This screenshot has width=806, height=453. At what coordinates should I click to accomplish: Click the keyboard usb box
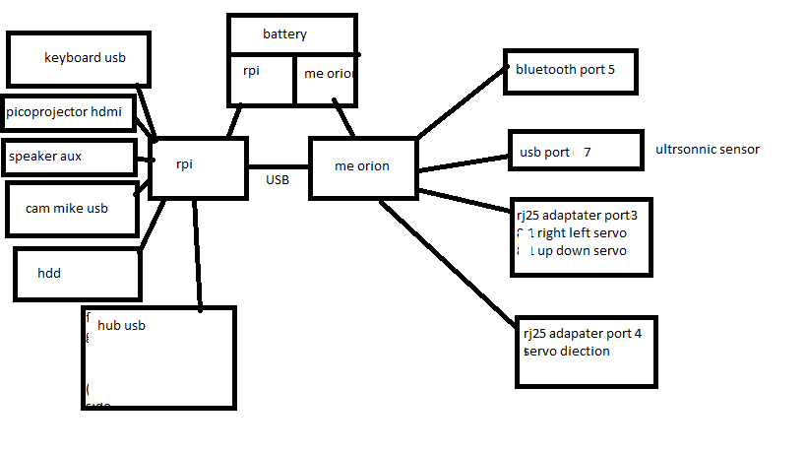coord(79,58)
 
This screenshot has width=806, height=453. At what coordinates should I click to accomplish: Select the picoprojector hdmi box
coord(64,112)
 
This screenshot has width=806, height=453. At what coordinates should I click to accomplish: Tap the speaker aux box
coord(68,156)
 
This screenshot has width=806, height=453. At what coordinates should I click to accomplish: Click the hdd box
coord(77,274)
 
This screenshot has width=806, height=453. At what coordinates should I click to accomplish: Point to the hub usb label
coord(121,325)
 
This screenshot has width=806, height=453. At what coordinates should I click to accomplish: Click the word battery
coord(284,34)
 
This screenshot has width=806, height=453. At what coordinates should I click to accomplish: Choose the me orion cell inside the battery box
coord(325,79)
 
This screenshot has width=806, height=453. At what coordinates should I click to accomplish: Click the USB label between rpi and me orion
coord(277,179)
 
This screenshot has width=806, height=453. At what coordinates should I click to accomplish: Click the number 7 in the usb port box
coord(588,153)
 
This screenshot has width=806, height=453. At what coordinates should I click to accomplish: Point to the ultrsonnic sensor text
coord(707,150)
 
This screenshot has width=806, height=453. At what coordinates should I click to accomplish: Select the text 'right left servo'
coord(581,233)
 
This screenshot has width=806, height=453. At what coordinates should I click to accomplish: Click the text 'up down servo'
coord(587,251)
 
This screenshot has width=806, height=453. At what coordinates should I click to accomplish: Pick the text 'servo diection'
coord(567,351)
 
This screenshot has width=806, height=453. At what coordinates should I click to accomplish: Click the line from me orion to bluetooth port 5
coord(460,104)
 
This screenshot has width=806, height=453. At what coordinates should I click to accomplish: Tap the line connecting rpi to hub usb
coord(197,256)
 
